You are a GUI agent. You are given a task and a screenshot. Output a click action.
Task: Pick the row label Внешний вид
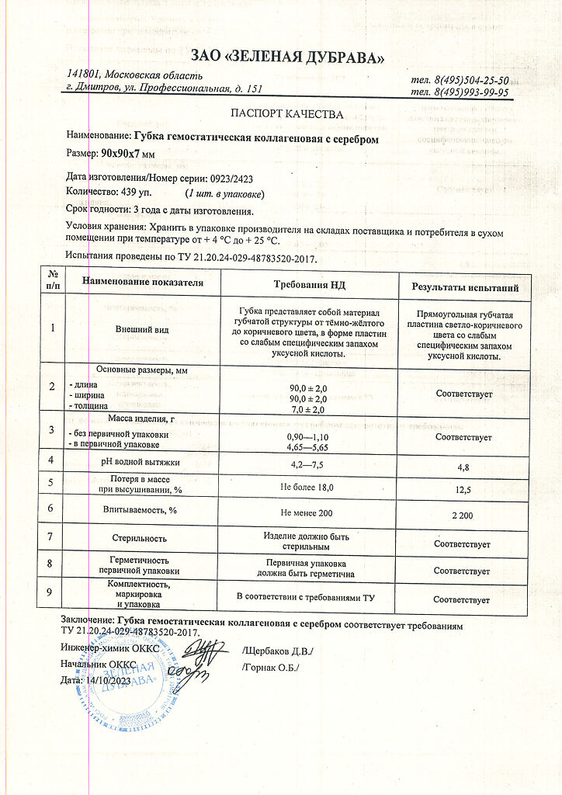coord(142,329)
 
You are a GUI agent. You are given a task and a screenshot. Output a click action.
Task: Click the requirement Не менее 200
coord(308,512)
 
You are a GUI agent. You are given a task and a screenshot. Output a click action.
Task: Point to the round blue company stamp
coord(124,683)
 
